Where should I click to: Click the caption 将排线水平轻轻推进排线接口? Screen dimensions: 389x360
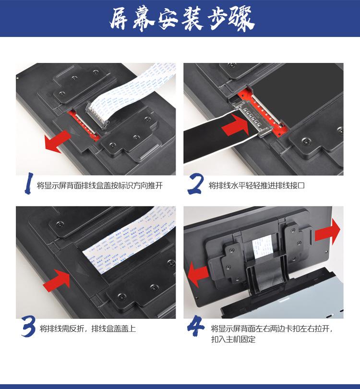(x=257, y=185)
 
